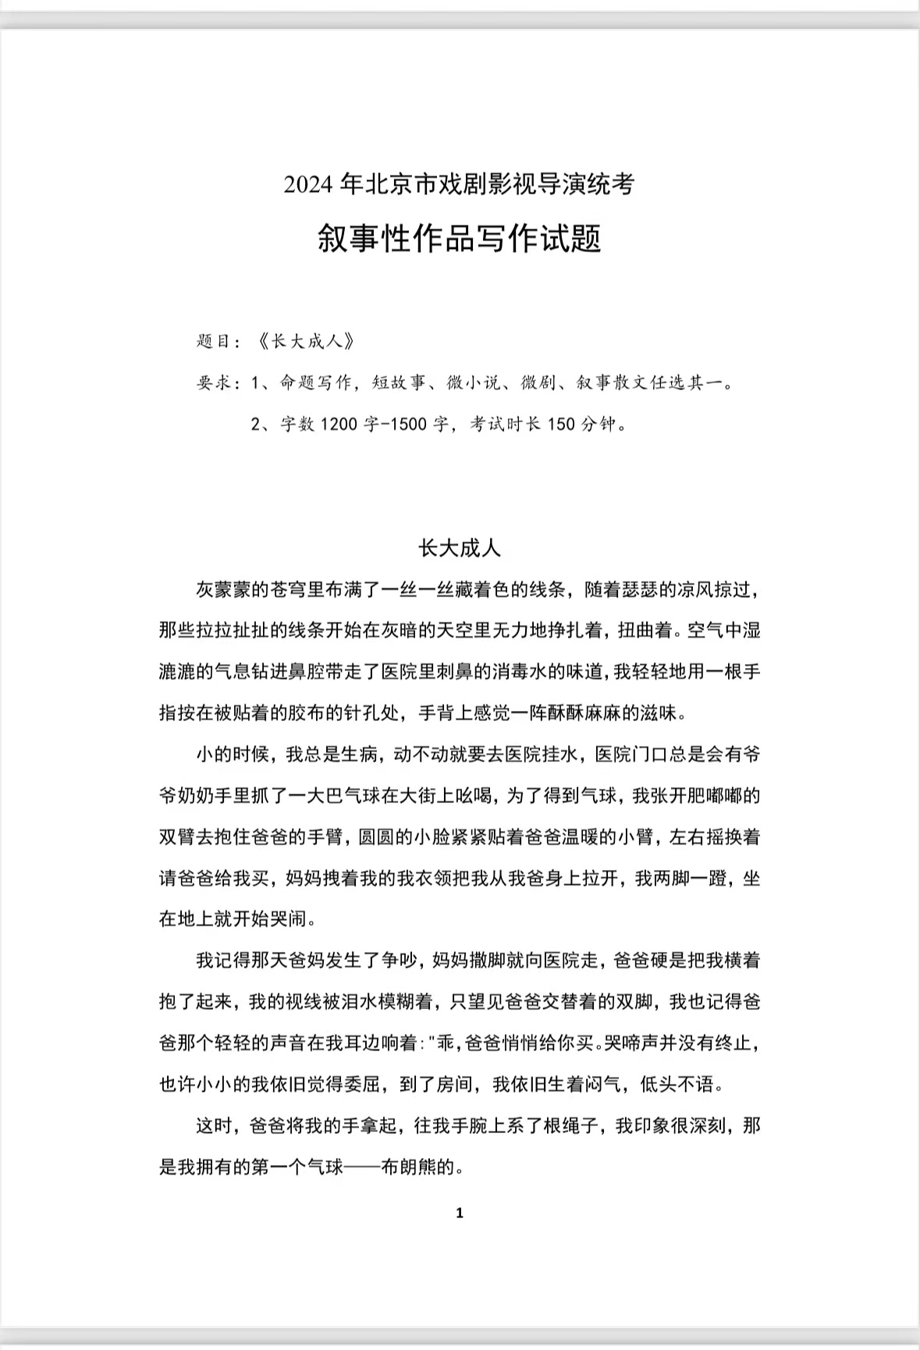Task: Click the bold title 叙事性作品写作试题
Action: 459,238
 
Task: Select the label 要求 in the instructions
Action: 214,383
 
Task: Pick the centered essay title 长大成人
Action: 459,549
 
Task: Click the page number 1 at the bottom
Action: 459,1213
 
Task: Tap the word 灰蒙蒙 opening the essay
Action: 223,590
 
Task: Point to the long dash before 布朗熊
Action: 362,1168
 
